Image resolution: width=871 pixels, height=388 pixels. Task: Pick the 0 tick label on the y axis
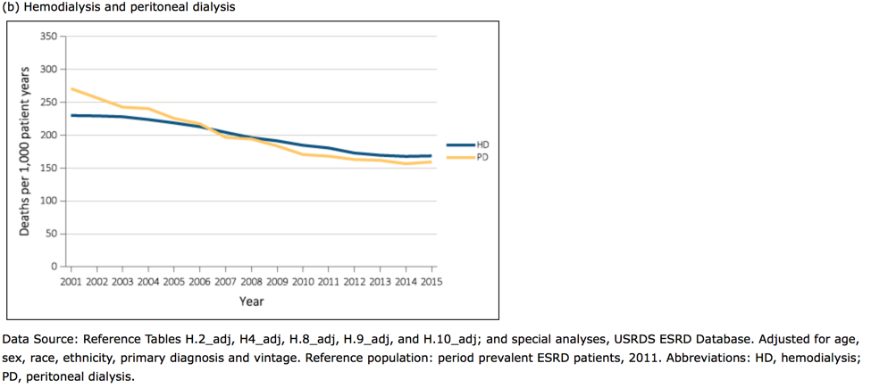pyautogui.click(x=54, y=267)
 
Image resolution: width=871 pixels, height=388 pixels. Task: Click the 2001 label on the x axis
pyautogui.click(x=71, y=281)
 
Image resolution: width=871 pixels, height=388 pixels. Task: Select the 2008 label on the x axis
pyautogui.click(x=251, y=281)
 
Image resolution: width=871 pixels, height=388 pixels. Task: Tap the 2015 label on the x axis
pyautogui.click(x=431, y=281)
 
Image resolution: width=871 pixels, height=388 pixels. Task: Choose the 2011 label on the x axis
pyautogui.click(x=328, y=281)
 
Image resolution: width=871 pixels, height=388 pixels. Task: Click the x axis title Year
pyautogui.click(x=251, y=301)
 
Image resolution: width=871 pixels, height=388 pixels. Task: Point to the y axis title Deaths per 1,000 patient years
pyautogui.click(x=25, y=151)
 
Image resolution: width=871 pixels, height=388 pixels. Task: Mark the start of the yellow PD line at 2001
pyautogui.click(x=71, y=88)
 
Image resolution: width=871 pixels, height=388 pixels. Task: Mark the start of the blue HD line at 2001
pyautogui.click(x=71, y=115)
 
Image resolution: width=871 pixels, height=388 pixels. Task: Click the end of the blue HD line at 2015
pyautogui.click(x=431, y=156)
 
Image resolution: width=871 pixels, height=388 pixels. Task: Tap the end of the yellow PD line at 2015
pyautogui.click(x=431, y=161)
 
